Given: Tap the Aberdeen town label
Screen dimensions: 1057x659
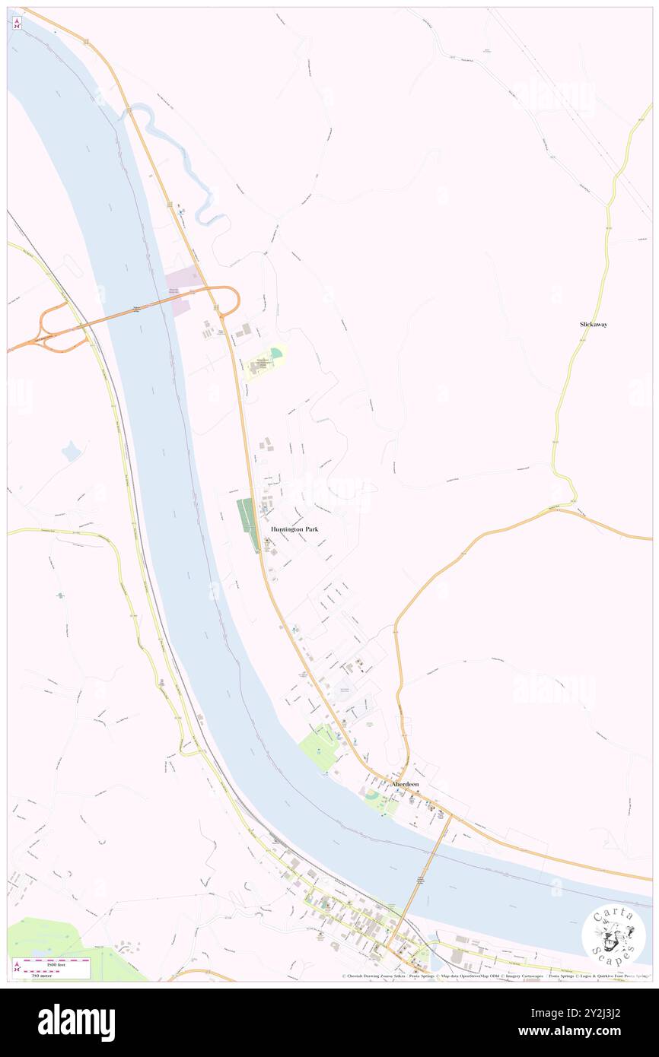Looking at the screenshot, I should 405,784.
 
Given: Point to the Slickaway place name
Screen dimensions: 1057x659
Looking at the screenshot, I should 594,325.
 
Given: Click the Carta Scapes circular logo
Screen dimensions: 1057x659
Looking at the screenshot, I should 613,936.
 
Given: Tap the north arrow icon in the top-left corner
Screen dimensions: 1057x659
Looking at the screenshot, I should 17,24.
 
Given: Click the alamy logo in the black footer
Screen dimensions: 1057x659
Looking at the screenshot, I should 77,1023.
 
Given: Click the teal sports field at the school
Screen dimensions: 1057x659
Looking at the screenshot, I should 275,353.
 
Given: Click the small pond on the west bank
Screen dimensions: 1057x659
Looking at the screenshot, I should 72,452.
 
